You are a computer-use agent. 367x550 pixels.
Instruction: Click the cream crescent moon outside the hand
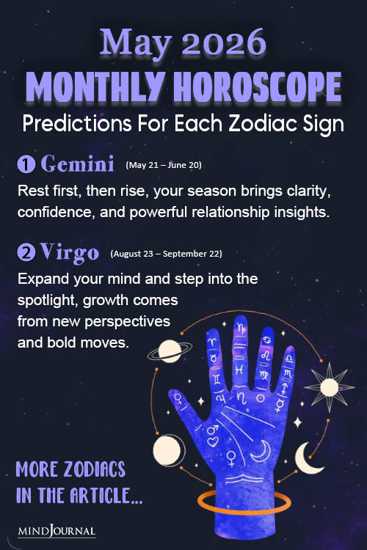309,458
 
